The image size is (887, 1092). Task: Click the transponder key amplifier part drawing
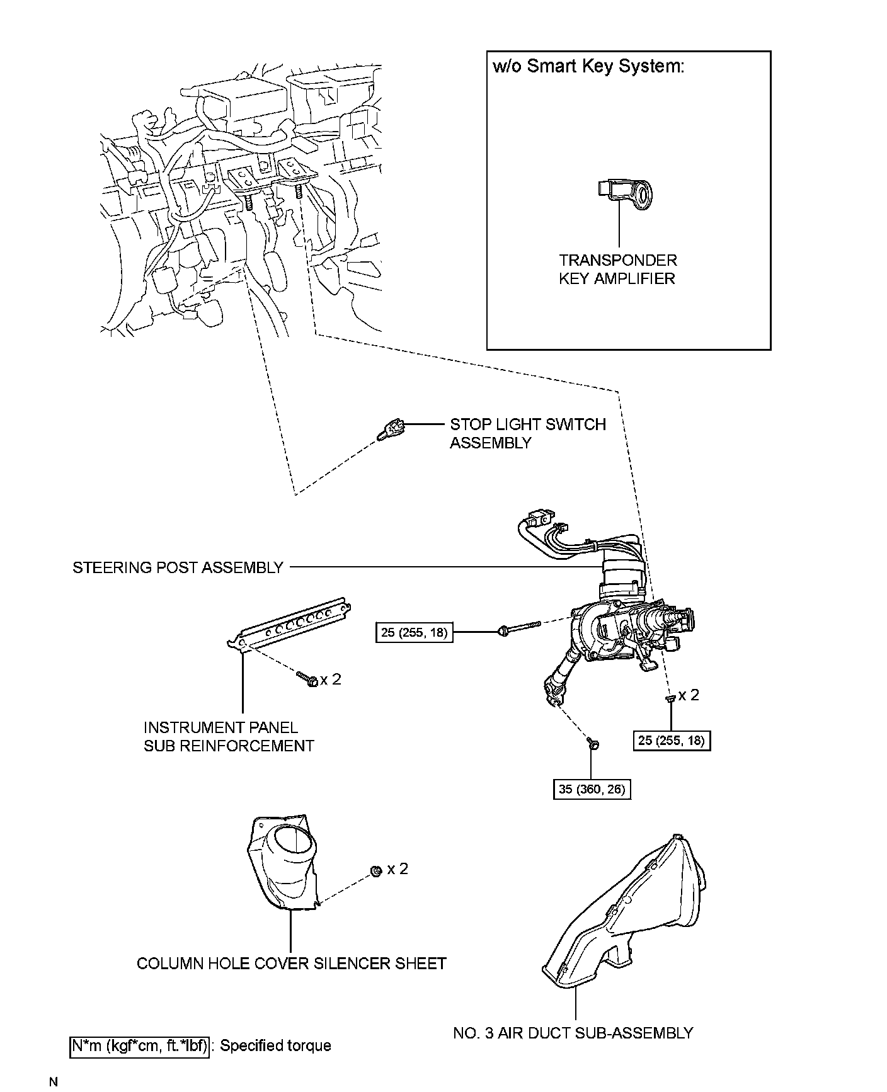pos(626,195)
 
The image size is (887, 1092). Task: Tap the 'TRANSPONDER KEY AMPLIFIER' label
pos(617,270)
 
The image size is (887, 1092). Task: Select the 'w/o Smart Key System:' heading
pos(588,67)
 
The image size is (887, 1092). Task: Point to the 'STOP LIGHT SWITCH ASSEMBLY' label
pos(527,433)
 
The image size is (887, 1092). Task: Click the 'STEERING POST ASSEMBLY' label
pos(178,567)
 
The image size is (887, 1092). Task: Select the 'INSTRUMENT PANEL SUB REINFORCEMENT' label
pos(228,737)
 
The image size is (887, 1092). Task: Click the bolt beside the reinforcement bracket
pos(308,679)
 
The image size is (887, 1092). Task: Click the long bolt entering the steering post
pos(520,627)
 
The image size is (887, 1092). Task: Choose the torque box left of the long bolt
pos(415,632)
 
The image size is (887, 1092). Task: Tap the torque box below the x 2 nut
pos(672,741)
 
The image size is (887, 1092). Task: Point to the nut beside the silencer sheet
pos(375,871)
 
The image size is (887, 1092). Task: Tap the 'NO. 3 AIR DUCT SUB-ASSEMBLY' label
pos(573,1033)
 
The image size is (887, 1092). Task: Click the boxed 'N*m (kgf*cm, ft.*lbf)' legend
pos(139,1046)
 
